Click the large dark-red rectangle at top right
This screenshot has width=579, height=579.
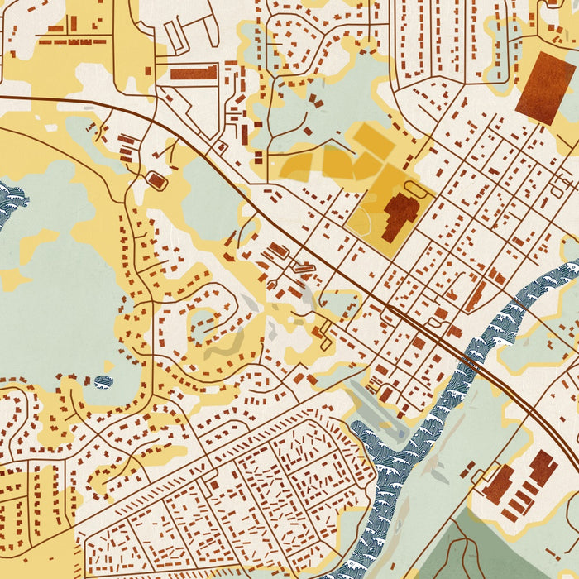(x=545, y=88)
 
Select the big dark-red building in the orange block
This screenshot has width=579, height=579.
(x=400, y=217)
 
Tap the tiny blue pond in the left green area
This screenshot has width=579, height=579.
(x=103, y=381)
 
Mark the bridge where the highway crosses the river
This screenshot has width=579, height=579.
(x=470, y=360)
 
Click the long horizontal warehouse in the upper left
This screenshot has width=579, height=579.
(x=194, y=73)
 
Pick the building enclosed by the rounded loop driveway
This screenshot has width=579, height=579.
(x=155, y=179)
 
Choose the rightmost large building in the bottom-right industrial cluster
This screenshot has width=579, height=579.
(x=543, y=467)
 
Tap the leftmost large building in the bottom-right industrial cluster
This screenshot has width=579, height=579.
(x=499, y=484)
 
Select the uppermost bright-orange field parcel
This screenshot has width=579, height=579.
(x=374, y=140)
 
